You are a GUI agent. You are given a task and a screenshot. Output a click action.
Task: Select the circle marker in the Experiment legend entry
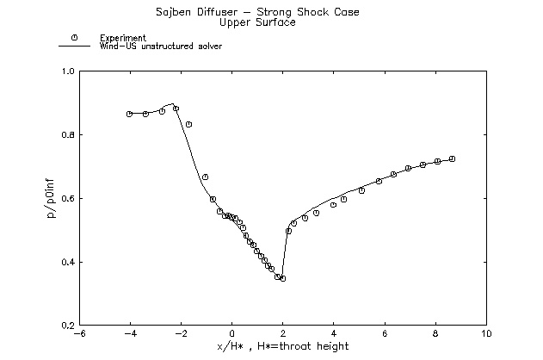(x=75, y=38)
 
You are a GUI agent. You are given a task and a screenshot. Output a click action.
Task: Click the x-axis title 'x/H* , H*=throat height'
(x=283, y=346)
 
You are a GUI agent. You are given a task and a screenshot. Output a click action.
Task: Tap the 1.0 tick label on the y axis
(x=66, y=71)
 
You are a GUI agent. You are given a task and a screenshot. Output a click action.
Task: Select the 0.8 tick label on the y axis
(x=66, y=135)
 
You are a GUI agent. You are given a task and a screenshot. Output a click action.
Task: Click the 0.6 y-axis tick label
(x=66, y=199)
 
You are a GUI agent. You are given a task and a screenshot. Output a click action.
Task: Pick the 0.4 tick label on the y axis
(x=66, y=263)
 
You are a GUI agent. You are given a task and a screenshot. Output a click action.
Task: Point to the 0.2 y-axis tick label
(x=66, y=326)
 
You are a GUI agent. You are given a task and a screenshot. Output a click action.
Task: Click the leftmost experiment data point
(x=129, y=114)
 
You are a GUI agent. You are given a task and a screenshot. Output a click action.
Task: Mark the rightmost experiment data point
(x=452, y=158)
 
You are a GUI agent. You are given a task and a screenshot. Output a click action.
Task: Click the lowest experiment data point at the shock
(x=282, y=278)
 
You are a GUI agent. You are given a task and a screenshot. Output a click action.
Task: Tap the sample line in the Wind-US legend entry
(x=75, y=47)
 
